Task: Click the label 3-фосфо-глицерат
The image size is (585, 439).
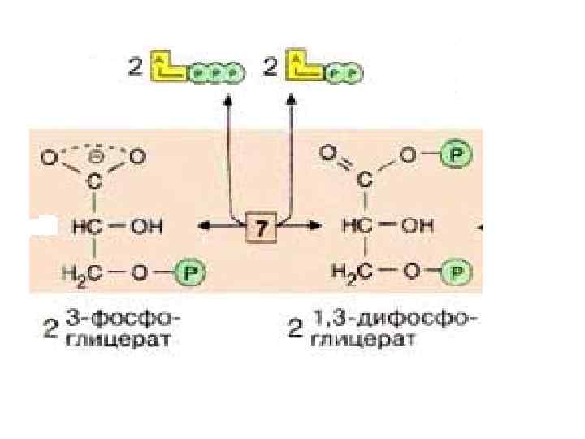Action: (123, 329)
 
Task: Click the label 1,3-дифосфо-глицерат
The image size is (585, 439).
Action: (390, 329)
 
